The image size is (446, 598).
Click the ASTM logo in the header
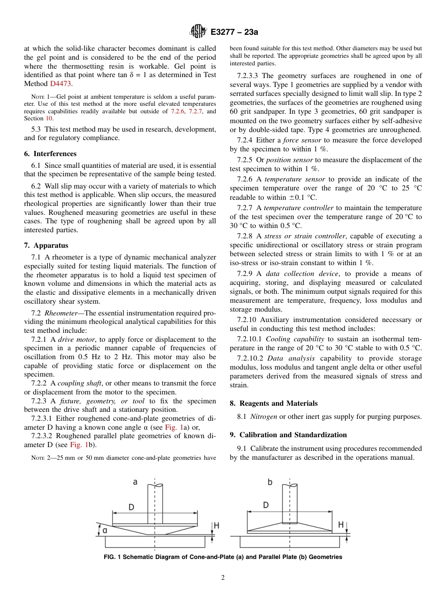click(198, 32)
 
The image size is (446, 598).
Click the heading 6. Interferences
click(50, 154)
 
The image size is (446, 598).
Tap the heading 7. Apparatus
click(46, 245)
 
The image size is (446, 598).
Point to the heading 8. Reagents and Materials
click(274, 403)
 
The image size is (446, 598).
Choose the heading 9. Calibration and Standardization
click(288, 435)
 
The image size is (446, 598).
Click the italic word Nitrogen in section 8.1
click(260, 417)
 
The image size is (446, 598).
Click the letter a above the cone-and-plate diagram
click(135, 482)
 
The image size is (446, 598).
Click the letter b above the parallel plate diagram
click(270, 482)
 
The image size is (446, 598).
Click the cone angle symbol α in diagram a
click(105, 530)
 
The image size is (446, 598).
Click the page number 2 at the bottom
click(223, 578)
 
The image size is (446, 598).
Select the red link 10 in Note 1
click(48, 118)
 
